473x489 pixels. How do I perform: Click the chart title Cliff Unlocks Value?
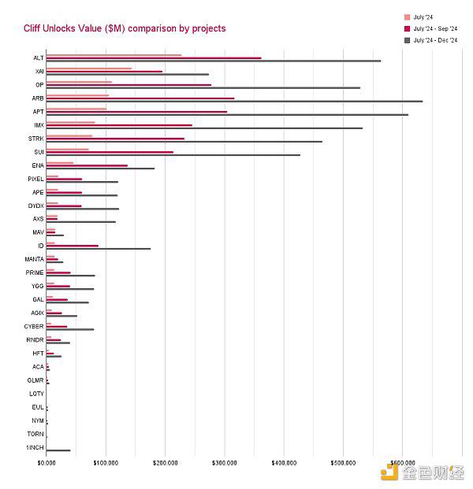(x=125, y=28)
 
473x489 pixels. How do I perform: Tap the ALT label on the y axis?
(x=39, y=58)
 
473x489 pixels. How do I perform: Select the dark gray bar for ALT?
(x=213, y=61)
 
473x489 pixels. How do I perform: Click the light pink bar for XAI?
(x=89, y=69)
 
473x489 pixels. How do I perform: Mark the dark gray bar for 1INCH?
(x=58, y=450)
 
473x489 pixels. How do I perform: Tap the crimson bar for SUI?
(x=110, y=152)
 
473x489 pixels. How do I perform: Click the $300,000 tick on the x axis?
(x=225, y=462)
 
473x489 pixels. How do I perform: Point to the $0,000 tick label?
(x=47, y=462)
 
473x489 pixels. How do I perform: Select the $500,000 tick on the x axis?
(x=344, y=462)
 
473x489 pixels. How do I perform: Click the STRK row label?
(x=36, y=139)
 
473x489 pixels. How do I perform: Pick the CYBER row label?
(x=35, y=326)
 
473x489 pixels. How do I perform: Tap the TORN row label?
(x=35, y=434)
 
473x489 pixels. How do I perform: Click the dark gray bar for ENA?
(x=100, y=169)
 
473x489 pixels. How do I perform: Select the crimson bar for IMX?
(x=119, y=125)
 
